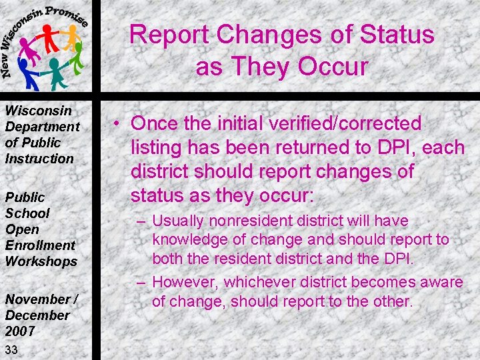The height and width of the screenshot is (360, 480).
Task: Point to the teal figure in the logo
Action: (x=56, y=72)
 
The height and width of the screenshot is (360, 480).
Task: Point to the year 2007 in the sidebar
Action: (x=19, y=331)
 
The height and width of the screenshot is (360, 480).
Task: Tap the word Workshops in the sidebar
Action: (x=41, y=261)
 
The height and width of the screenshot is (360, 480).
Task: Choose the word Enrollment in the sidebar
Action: (x=40, y=245)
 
